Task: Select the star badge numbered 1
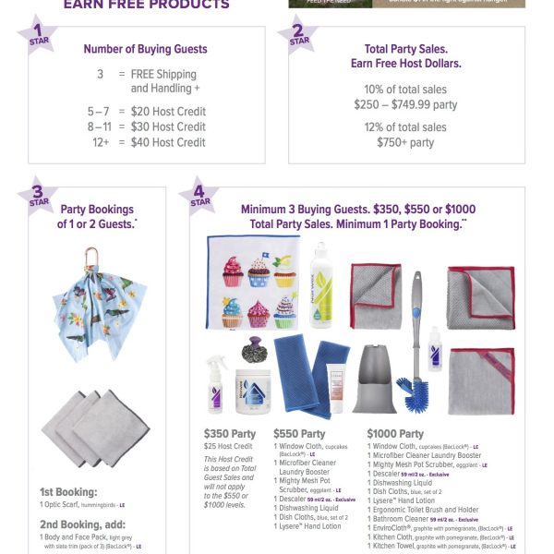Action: coord(37,36)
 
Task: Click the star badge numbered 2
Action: coord(300,36)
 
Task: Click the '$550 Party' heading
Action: coord(299,432)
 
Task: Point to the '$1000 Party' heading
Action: coord(395,433)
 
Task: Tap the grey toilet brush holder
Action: coord(375,379)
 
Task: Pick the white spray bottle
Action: coord(218,383)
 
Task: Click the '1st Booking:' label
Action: coord(67,492)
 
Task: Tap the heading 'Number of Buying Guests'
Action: coord(145,49)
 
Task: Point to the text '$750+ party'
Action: coord(404,142)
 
